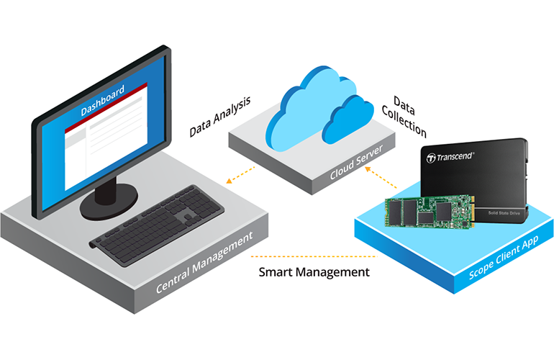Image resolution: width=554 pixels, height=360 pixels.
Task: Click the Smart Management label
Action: click(x=314, y=273)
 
